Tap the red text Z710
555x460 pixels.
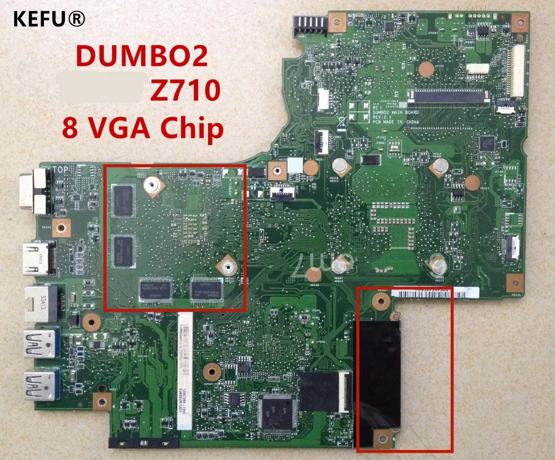point(184,91)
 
